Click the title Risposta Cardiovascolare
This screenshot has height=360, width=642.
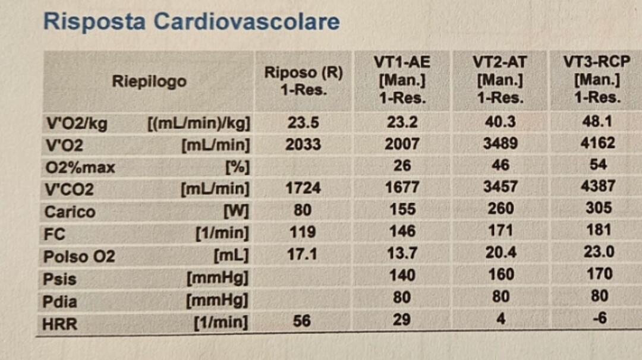click(191, 22)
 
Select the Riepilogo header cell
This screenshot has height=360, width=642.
click(149, 81)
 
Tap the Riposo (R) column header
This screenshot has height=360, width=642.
click(303, 81)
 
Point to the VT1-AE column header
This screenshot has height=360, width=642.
click(402, 80)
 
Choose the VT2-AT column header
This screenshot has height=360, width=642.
click(500, 80)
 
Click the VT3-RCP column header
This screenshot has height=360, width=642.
click(597, 79)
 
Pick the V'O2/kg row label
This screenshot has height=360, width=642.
click(77, 124)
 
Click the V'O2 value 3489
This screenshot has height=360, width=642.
click(500, 144)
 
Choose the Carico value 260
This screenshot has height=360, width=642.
click(501, 209)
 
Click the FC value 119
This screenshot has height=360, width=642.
click(303, 232)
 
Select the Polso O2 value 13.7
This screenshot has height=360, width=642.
click(402, 253)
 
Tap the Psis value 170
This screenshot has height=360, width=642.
click(599, 274)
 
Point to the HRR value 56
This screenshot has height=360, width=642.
click(302, 321)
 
